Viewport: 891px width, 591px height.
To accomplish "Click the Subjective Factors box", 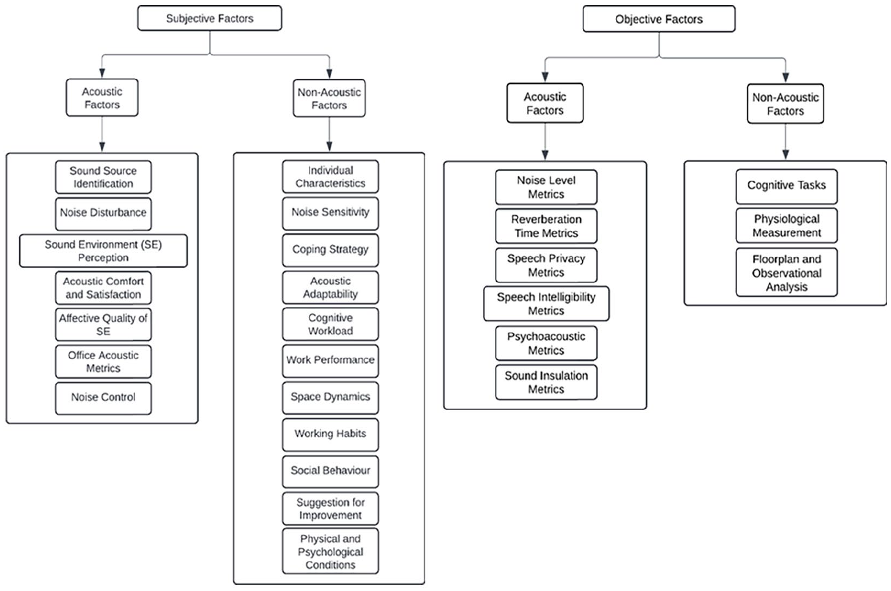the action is pos(209,18).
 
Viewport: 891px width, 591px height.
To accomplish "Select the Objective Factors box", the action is pos(659,19).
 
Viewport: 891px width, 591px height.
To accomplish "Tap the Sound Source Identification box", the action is pos(103,177).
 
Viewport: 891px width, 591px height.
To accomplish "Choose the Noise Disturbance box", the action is pos(103,213).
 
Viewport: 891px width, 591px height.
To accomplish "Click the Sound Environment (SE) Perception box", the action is pos(103,251).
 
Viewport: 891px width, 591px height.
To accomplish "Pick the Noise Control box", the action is pos(103,398).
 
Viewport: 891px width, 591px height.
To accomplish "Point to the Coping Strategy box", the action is pos(330,250).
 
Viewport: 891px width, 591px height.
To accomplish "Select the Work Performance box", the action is pos(330,361).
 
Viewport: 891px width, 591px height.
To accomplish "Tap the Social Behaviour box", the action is pos(330,471).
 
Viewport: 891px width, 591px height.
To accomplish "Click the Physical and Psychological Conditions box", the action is pos(330,551).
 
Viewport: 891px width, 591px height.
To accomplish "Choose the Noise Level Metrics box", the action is pos(546,187).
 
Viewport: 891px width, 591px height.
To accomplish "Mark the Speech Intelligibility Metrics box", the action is pos(546,303).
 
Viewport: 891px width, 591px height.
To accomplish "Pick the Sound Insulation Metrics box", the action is pos(546,382).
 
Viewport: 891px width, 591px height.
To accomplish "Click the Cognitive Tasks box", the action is pos(787,187).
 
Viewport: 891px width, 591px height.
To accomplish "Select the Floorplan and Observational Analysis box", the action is pos(787,272).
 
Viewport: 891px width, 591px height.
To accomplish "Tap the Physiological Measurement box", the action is pos(787,225).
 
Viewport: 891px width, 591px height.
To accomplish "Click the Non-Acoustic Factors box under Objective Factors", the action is pos(785,104).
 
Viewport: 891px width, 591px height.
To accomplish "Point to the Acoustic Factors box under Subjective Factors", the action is pos(102,98).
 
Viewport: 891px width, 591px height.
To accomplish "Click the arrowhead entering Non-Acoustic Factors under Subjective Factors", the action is pos(329,74).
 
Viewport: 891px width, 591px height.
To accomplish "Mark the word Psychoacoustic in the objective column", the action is pos(546,337).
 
